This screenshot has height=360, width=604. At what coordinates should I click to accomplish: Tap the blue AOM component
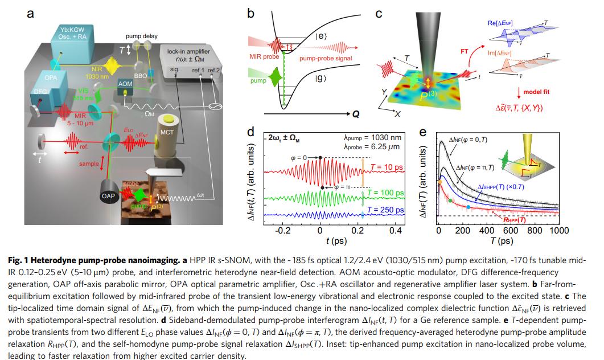coord(125,84)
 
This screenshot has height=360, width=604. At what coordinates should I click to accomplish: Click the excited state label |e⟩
coord(320,37)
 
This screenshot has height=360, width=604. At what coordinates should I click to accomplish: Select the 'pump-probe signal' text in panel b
coord(326,59)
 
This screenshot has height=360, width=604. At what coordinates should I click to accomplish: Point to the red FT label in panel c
coord(464,51)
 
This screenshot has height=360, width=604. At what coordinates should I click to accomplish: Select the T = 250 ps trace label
coord(386,210)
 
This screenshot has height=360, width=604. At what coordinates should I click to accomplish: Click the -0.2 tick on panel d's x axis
coord(282,232)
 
